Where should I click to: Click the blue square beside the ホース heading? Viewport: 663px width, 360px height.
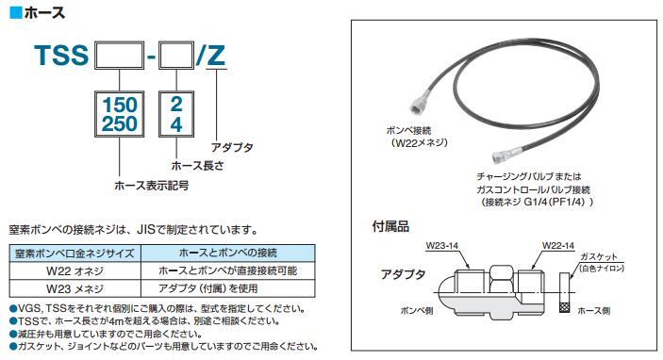click(x=16, y=12)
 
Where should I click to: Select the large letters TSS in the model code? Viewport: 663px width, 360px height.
click(x=61, y=56)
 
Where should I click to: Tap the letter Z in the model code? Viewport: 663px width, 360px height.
click(x=216, y=56)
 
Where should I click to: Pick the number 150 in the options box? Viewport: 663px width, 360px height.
click(x=120, y=105)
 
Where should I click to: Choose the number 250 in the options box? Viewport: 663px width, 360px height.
click(x=120, y=123)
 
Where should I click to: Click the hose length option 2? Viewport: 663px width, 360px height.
click(x=176, y=105)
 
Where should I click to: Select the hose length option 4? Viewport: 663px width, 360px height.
click(x=176, y=124)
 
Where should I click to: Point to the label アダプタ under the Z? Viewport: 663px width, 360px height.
click(x=232, y=147)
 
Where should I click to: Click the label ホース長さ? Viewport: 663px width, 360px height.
click(x=197, y=166)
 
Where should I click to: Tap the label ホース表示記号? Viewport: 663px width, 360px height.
click(x=152, y=185)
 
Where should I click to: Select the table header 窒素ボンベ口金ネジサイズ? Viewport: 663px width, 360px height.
click(x=75, y=254)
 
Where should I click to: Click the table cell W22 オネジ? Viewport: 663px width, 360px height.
click(x=75, y=270)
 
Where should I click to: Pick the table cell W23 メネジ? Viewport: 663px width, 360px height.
click(x=75, y=289)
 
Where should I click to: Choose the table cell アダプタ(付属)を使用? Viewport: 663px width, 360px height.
click(x=208, y=288)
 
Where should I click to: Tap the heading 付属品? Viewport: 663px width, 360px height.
click(x=390, y=226)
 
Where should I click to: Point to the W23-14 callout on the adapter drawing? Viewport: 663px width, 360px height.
click(x=442, y=245)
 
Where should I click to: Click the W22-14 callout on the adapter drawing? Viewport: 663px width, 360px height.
click(x=558, y=245)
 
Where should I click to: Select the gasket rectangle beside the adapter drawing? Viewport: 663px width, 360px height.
click(x=564, y=292)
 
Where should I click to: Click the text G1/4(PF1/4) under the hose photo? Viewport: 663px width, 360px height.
click(x=555, y=202)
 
